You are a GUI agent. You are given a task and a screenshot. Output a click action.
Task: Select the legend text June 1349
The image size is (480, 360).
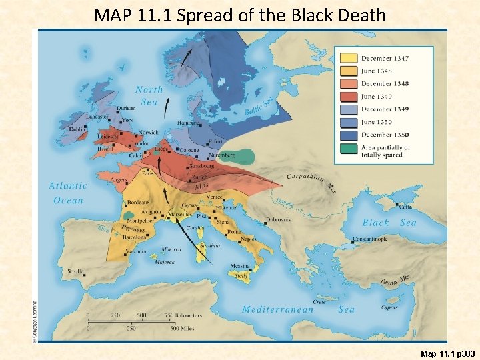click(377, 97)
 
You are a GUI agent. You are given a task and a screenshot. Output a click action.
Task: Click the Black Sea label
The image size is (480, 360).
click(389, 223)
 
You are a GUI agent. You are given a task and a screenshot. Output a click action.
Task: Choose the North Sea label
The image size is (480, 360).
click(149, 95)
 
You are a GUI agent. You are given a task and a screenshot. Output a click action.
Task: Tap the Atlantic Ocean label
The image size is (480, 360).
click(68, 193)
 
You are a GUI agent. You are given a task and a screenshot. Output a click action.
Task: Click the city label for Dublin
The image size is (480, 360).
click(77, 129)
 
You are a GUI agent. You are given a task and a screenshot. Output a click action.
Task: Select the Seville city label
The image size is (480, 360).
click(76, 271)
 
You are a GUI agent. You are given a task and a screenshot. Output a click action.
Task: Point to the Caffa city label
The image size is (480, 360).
click(405, 207)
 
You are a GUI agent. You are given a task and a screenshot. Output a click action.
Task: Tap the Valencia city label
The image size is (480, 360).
click(136, 251)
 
